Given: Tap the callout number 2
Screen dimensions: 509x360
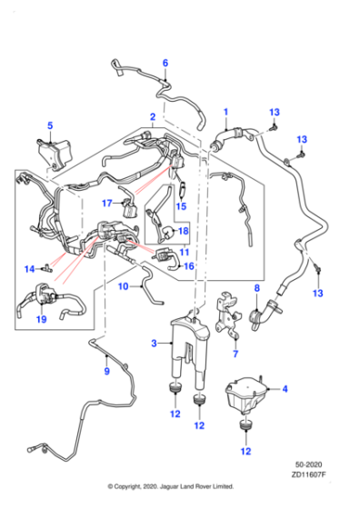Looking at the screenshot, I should (153, 117).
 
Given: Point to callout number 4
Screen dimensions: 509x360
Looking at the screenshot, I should (285, 389).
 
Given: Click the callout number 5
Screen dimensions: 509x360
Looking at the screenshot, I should (50, 125).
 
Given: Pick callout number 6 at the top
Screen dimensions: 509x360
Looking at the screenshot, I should (165, 63).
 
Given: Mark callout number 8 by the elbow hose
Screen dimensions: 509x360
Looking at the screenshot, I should (256, 288).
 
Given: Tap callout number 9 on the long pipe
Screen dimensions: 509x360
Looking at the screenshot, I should (105, 371).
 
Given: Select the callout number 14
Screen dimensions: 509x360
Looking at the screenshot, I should (28, 268).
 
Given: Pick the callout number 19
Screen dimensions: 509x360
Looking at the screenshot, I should (39, 320).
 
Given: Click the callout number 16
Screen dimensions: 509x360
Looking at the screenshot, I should (189, 266).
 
